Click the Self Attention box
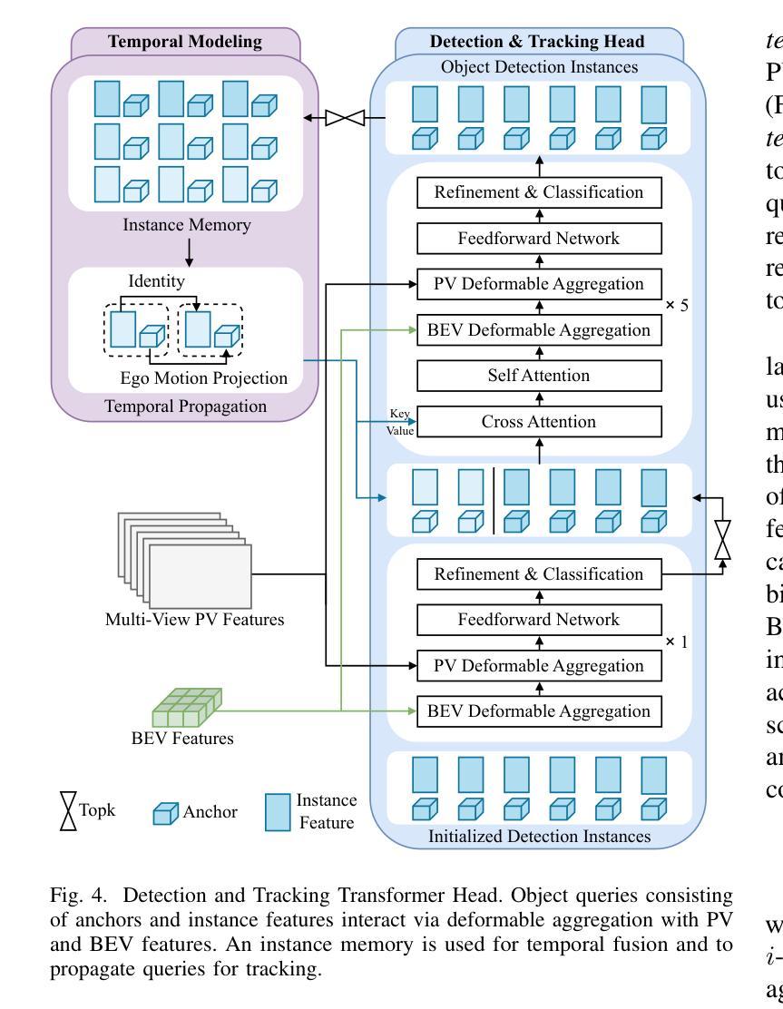pyautogui.click(x=538, y=376)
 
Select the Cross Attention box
pyautogui.click(x=538, y=421)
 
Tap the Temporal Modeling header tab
pyautogui.click(x=185, y=42)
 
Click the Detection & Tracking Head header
pyautogui.click(x=537, y=42)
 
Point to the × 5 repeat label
pyautogui.click(x=676, y=305)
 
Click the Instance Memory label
pyautogui.click(x=187, y=224)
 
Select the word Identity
pyautogui.click(x=155, y=281)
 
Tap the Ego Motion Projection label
pyautogui.click(x=203, y=378)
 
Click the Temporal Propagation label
pyautogui.click(x=186, y=406)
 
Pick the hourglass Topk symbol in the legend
pyautogui.click(x=68, y=810)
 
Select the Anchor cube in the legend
pyautogui.click(x=166, y=812)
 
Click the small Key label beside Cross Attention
pyautogui.click(x=399, y=413)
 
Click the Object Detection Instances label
pyautogui.click(x=539, y=67)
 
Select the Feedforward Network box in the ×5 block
pyautogui.click(x=538, y=239)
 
